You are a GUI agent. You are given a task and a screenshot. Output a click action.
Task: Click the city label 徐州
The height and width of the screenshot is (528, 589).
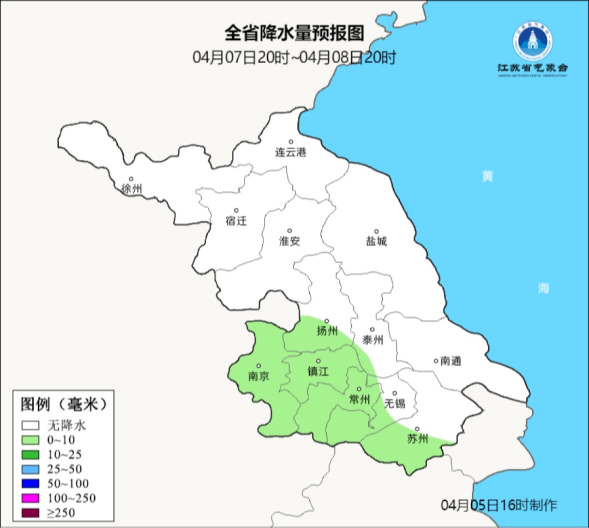(x=132, y=189)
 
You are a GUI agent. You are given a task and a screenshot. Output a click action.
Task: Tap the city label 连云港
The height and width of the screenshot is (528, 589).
(x=291, y=153)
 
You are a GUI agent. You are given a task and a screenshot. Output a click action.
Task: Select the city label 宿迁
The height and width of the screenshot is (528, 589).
(x=236, y=221)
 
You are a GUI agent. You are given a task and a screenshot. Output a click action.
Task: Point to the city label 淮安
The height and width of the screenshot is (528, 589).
(x=290, y=241)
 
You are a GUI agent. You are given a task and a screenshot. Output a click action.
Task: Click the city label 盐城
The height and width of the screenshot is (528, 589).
(x=376, y=241)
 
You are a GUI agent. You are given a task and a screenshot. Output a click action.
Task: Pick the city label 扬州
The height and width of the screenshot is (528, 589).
(x=327, y=331)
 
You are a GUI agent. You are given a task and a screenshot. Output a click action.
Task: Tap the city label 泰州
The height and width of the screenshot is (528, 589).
(x=372, y=340)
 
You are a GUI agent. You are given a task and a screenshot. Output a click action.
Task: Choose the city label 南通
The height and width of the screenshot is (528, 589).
(x=450, y=361)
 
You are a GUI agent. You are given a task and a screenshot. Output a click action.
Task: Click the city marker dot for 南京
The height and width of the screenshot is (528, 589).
(x=259, y=366)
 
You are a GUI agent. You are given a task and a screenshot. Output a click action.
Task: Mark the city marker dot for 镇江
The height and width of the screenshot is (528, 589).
(x=318, y=361)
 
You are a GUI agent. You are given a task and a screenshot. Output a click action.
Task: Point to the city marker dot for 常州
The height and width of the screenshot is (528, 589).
(x=358, y=389)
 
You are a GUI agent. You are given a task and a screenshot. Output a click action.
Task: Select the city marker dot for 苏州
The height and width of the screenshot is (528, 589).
(x=417, y=429)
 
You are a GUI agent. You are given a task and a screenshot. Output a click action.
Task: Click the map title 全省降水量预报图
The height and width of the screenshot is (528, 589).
(x=294, y=34)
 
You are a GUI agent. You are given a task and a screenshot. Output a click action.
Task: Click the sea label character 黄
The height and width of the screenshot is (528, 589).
(x=487, y=177)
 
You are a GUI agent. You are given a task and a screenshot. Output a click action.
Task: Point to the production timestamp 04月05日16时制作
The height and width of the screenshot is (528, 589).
(x=499, y=505)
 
